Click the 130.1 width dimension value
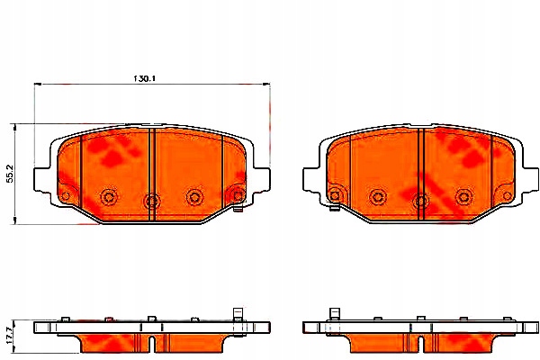click(144, 78)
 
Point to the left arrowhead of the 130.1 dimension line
click(38, 86)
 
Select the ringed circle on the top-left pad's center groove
click(150, 200)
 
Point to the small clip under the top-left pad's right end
click(237, 214)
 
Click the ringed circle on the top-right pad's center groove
click(421, 200)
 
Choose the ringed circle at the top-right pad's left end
click(334, 193)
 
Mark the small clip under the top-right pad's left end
click(335, 214)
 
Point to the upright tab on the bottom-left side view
click(239, 314)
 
